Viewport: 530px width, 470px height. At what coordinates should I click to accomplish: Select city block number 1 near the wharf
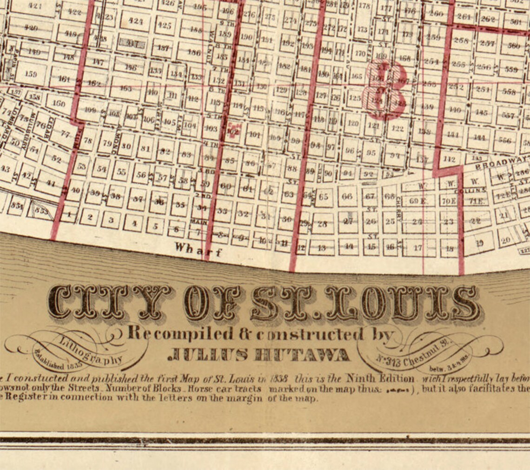70,215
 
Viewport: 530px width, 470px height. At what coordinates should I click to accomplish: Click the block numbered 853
42,211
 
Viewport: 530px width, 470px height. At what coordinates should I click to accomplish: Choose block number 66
347,196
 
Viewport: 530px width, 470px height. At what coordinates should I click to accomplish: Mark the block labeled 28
322,224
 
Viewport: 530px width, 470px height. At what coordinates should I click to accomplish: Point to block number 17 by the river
418,248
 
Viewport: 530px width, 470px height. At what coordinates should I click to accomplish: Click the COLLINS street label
477,190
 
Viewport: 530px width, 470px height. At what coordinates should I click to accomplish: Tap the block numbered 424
135,20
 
